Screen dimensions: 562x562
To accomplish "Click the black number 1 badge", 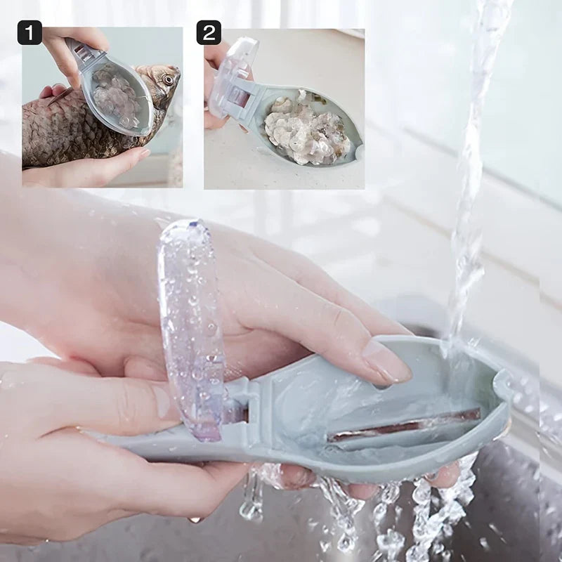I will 30,32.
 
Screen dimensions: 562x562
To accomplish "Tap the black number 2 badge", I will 209,32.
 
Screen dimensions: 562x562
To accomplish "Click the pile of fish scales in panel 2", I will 306,130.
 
